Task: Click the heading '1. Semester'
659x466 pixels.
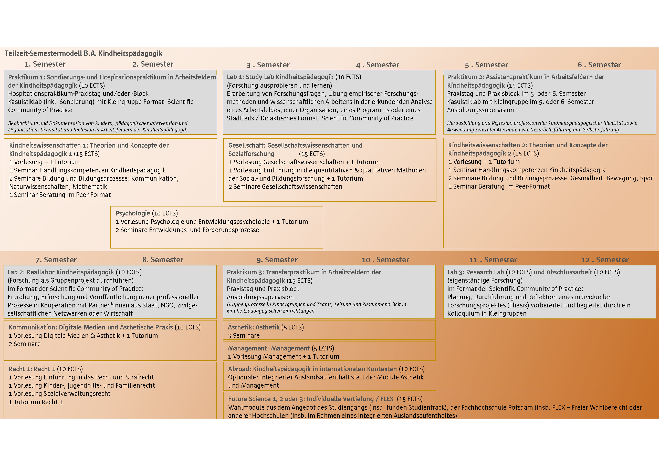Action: click(x=45, y=64)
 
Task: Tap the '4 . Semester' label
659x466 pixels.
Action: click(x=378, y=65)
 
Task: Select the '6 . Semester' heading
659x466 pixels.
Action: click(x=599, y=65)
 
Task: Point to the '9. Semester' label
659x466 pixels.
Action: click(x=277, y=260)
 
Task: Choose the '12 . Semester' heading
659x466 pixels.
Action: click(x=605, y=260)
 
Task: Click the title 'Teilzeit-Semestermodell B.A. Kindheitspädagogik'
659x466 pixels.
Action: click(x=83, y=53)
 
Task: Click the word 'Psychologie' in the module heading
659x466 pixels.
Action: click(x=133, y=213)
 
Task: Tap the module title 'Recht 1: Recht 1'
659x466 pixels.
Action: click(x=32, y=369)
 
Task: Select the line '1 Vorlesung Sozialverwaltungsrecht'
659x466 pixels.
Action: click(x=59, y=394)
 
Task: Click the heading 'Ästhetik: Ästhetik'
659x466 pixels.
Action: click(x=254, y=327)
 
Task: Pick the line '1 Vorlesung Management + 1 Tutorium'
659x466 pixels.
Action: click(x=283, y=357)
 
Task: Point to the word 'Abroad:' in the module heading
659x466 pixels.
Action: click(x=240, y=369)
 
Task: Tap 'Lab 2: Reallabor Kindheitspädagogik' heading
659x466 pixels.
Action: click(x=61, y=272)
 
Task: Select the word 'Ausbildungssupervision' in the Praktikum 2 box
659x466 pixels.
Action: click(x=480, y=110)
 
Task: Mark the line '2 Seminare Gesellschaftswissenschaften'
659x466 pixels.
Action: click(x=285, y=187)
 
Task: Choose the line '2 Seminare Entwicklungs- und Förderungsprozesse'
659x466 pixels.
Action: click(x=187, y=230)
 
